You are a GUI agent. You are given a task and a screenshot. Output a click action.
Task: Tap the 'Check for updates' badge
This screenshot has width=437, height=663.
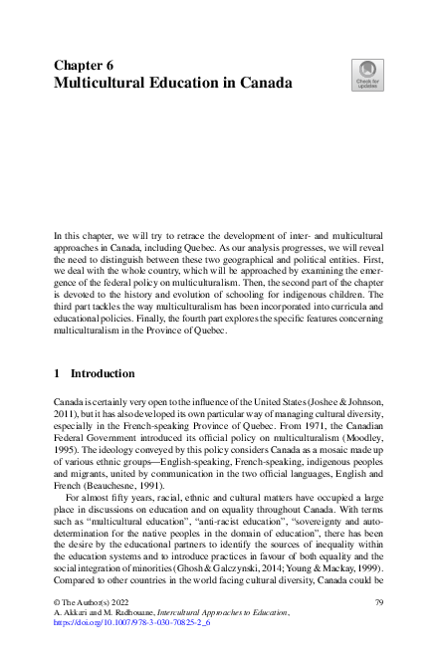tap(365, 74)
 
